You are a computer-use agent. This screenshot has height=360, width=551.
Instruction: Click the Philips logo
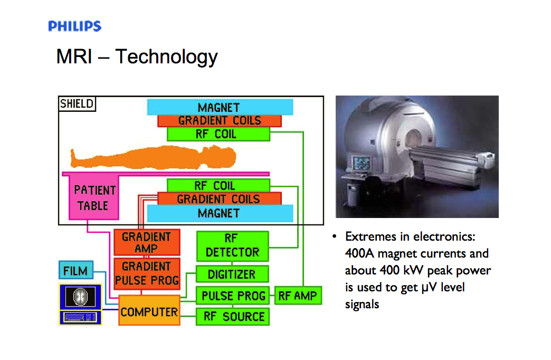point(74,26)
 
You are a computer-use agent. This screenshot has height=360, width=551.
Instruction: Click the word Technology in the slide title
point(166,56)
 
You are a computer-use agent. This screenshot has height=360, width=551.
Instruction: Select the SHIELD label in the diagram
point(77,103)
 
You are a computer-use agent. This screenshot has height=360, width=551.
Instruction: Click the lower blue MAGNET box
point(220,213)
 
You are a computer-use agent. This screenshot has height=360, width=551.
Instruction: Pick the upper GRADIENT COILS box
point(220,121)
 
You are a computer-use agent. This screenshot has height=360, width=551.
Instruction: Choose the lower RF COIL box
point(218,186)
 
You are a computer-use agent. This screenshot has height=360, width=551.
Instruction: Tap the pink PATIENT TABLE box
point(94,198)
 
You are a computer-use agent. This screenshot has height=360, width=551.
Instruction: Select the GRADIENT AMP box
point(146,243)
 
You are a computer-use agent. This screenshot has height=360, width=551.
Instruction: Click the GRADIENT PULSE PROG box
point(146,273)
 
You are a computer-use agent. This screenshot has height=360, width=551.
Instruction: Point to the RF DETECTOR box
point(232,245)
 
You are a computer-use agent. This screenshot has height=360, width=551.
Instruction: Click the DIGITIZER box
point(232,274)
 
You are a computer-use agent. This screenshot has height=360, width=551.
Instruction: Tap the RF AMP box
point(298,296)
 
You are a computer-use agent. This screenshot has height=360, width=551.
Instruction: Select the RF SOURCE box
point(233,317)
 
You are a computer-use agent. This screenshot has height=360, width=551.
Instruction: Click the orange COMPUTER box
point(149,311)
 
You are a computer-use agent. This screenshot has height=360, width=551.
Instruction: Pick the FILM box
point(75,271)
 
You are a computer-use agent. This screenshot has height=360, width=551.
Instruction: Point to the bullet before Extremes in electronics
point(335,236)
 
